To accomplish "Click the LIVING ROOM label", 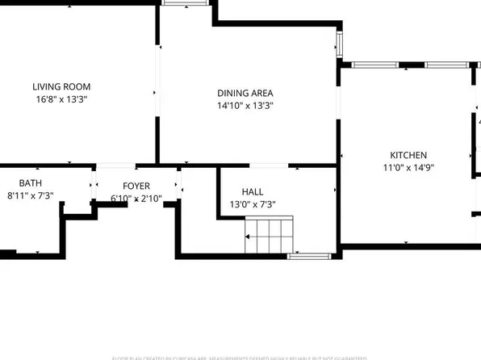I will (61, 86).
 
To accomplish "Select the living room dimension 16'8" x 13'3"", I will (61, 99).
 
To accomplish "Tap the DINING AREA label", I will (245, 93).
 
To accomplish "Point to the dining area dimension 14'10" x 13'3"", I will (245, 106).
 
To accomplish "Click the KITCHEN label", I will (408, 155).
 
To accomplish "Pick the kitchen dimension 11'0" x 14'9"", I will (408, 168).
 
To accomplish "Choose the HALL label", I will (253, 191).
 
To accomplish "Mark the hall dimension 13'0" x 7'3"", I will (253, 204).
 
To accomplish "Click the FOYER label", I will (136, 186).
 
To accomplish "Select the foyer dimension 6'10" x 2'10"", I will (136, 199).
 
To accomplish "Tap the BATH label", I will (30, 182).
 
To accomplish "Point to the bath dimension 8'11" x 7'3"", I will (30, 195).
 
